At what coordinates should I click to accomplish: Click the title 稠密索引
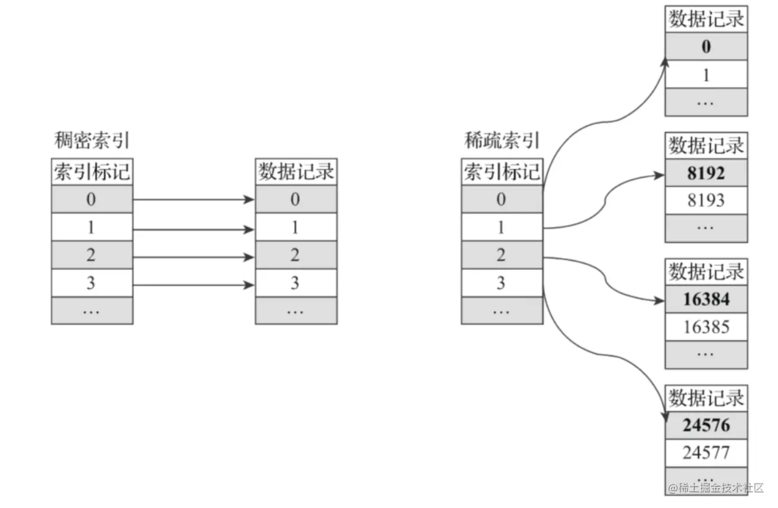[x=91, y=141]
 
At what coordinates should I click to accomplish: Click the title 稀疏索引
[x=502, y=141]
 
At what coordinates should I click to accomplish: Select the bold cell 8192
[x=706, y=173]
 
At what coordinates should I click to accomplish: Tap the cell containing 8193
[x=706, y=201]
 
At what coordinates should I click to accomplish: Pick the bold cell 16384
[x=706, y=299]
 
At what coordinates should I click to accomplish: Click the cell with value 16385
[x=706, y=327]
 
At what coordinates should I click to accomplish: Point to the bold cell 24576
[x=706, y=426]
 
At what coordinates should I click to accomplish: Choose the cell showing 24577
[x=706, y=453]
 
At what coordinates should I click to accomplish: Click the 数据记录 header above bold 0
[x=706, y=19]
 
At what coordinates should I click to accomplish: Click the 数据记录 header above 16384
[x=706, y=272]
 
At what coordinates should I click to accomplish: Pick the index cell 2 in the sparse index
[x=502, y=255]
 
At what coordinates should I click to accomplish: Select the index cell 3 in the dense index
[x=91, y=283]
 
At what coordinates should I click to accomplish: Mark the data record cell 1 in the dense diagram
[x=296, y=228]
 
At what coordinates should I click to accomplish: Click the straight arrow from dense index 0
[x=191, y=200]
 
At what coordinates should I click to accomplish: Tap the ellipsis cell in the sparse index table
[x=502, y=311]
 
